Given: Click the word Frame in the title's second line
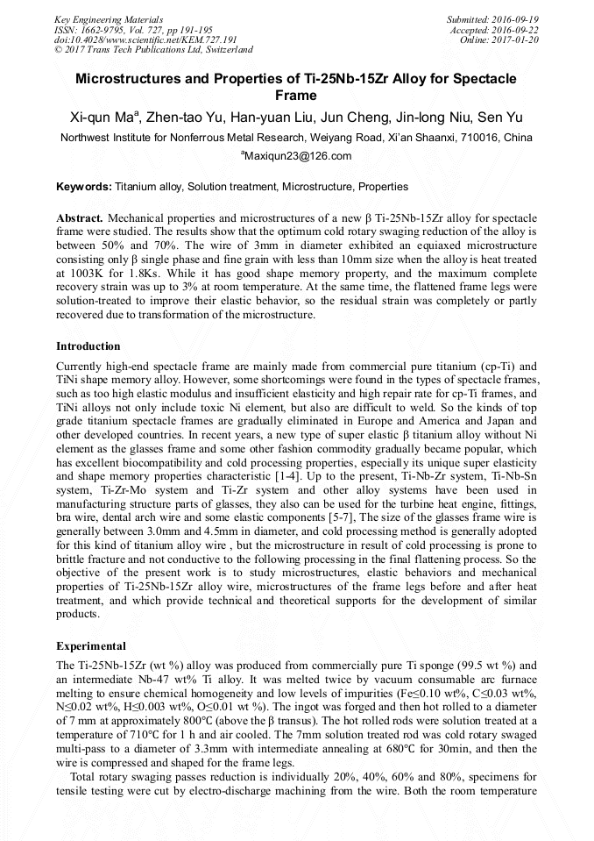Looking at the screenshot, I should [296, 96].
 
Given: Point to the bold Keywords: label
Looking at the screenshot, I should [84, 187].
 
